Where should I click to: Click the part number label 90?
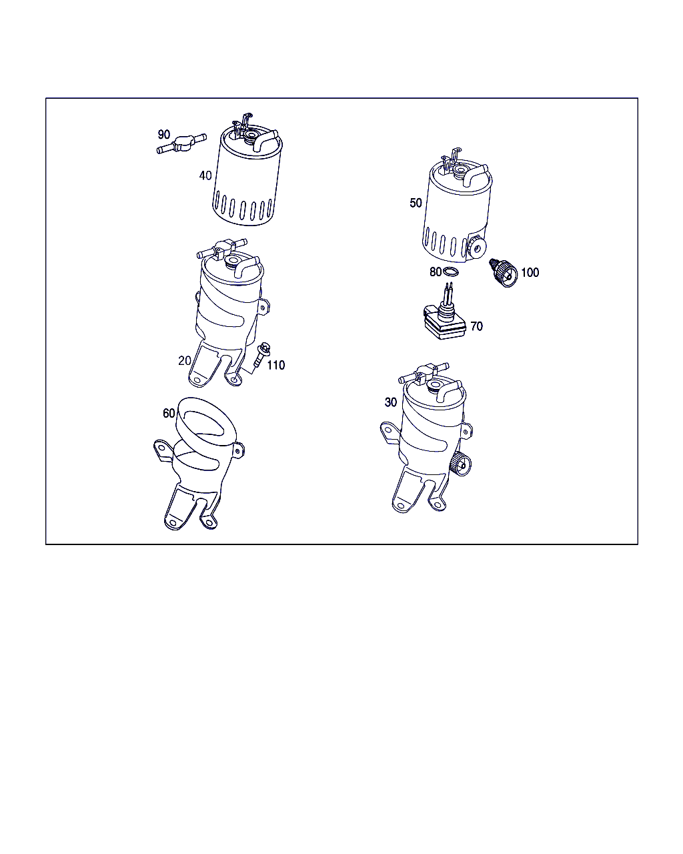point(164,135)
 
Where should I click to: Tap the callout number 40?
point(205,175)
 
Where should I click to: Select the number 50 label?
point(416,203)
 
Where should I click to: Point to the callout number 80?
point(436,272)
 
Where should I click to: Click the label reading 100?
point(530,272)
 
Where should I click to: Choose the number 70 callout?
point(476,326)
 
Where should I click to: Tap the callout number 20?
point(185,360)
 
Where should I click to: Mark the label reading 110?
point(276,365)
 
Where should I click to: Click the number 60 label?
point(169,413)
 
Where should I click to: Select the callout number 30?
point(390,402)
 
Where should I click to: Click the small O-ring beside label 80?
point(450,272)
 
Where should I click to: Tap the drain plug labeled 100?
point(503,272)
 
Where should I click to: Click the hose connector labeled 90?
point(182,143)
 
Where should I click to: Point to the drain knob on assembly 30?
point(461,464)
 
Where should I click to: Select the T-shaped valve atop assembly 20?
point(222,248)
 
